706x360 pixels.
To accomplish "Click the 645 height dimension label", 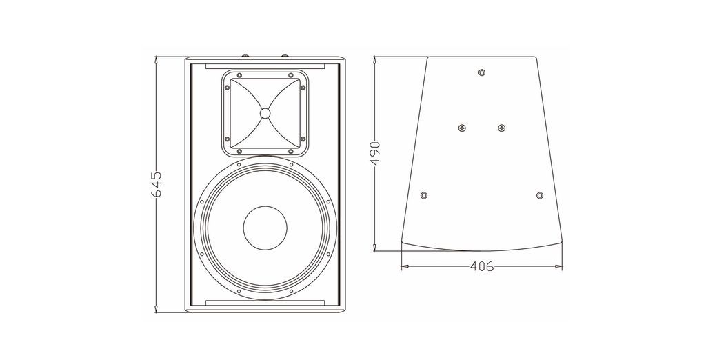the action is tap(157, 184).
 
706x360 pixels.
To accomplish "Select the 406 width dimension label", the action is tap(481, 266).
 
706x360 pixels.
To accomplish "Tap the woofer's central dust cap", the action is tap(265, 228).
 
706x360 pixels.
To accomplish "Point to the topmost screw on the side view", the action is tap(482, 72).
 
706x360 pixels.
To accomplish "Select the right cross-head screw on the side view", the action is tap(502, 128).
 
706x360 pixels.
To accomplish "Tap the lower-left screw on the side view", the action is tap(423, 196).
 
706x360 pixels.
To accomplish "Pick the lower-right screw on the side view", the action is tap(540, 196).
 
